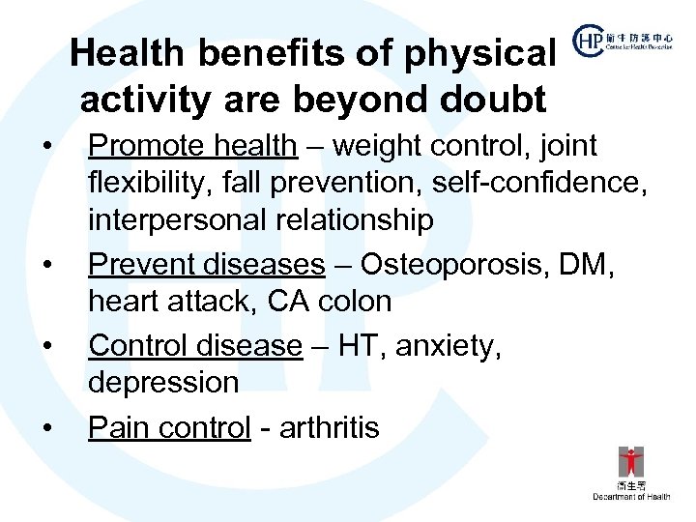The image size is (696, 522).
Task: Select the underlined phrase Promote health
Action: tap(192, 146)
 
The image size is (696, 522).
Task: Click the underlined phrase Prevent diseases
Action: tap(207, 264)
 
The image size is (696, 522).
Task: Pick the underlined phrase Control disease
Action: tap(195, 345)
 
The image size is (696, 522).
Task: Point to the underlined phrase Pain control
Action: tap(169, 427)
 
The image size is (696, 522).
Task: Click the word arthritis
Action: tap(329, 427)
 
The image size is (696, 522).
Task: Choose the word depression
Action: tap(163, 383)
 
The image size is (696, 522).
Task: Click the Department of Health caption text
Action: tap(631, 496)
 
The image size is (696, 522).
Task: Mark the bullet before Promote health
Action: tap(45, 146)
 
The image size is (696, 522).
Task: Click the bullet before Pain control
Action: tap(45, 427)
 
